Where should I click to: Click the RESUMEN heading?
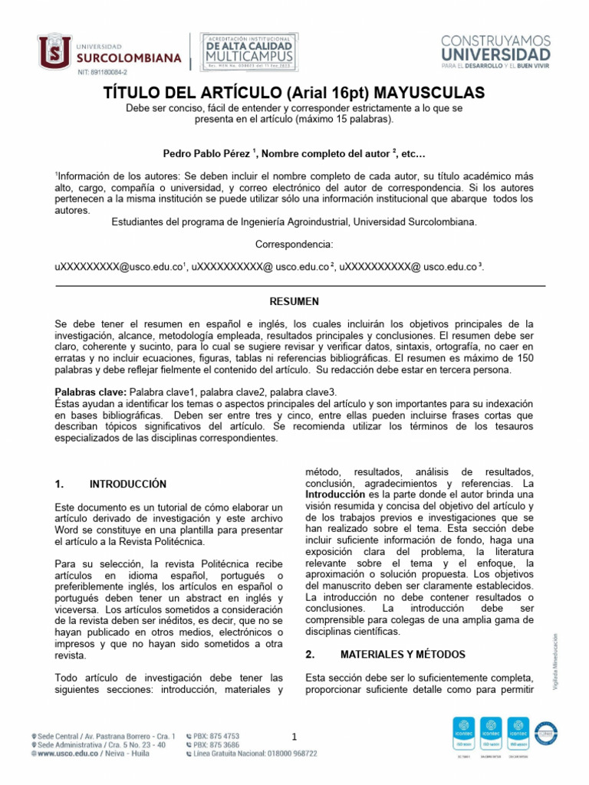click(x=294, y=301)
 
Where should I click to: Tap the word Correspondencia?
click(x=294, y=244)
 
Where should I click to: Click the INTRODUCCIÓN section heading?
click(x=128, y=484)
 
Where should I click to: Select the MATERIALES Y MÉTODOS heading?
click(x=403, y=655)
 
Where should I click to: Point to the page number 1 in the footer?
click(x=294, y=737)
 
